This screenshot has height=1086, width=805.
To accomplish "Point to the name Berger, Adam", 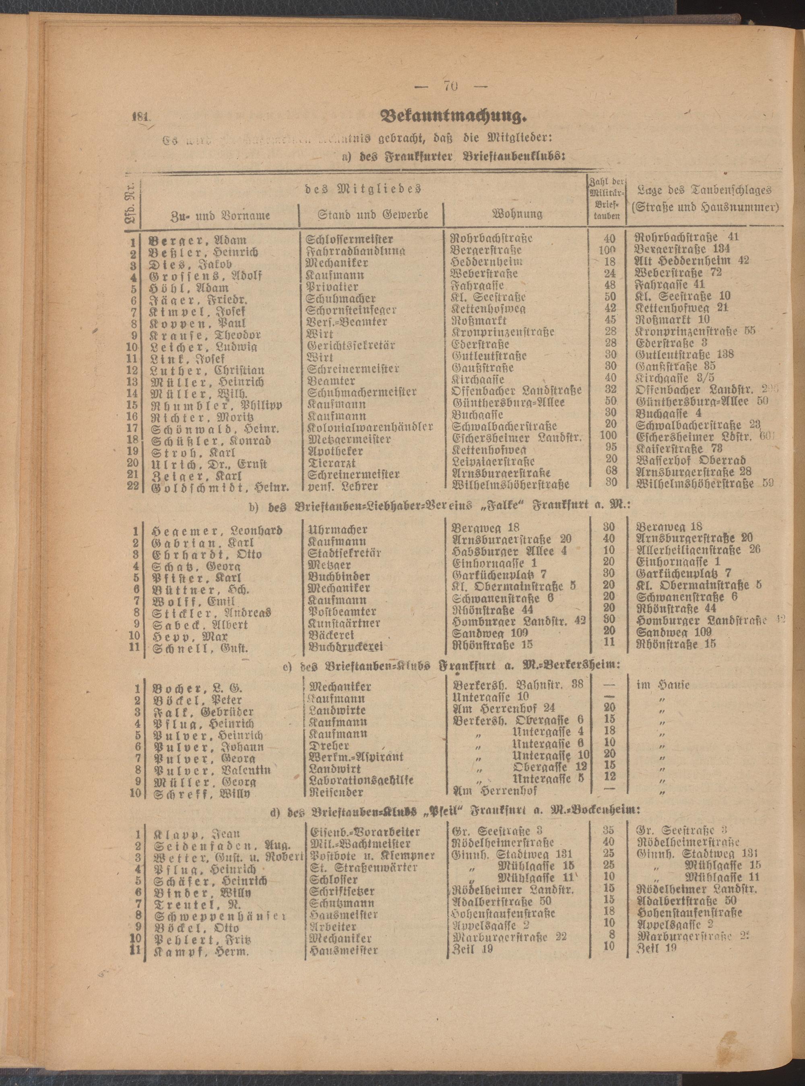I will pyautogui.click(x=198, y=241).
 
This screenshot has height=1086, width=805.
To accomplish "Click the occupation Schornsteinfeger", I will pyautogui.click(x=351, y=310).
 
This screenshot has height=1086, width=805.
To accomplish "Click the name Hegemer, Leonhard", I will pyautogui.click(x=217, y=530).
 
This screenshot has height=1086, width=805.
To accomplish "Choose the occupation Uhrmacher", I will pyautogui.click(x=337, y=530).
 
